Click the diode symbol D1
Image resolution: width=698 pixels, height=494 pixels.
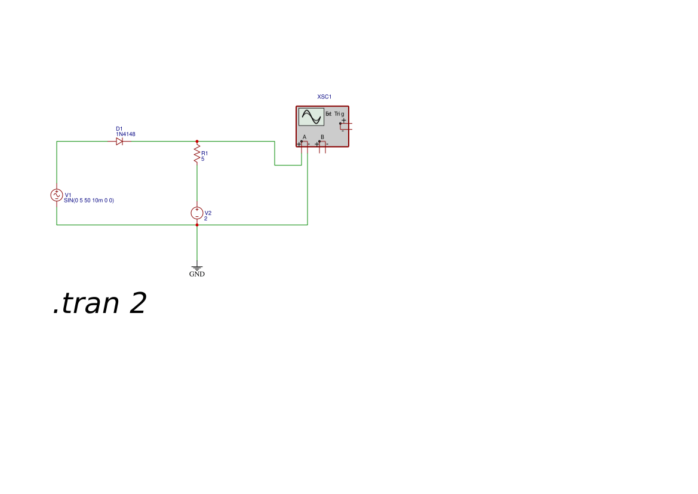tap(119, 142)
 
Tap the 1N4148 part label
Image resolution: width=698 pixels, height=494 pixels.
tap(125, 134)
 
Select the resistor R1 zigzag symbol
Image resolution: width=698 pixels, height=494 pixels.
tap(196, 154)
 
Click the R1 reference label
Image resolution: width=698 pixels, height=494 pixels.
tap(204, 154)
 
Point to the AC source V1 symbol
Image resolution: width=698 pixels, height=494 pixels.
tap(57, 195)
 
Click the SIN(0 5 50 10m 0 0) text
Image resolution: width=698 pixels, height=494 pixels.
tap(88, 201)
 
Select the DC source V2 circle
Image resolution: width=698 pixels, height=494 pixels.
tap(196, 213)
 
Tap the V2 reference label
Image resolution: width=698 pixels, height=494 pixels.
tap(208, 213)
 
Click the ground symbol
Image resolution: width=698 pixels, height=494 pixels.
tap(196, 268)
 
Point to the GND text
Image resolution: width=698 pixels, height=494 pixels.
tap(196, 274)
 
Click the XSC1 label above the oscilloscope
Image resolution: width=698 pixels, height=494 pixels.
tap(324, 97)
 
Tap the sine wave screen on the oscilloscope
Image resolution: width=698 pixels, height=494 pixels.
tap(311, 117)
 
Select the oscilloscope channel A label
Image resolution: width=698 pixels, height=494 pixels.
tap(305, 137)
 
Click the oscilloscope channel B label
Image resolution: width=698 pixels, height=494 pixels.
tap(322, 137)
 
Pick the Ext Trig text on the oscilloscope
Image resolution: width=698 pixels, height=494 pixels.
tap(334, 114)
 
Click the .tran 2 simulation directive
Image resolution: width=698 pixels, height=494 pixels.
tap(99, 303)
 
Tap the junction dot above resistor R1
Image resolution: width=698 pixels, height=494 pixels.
tap(196, 142)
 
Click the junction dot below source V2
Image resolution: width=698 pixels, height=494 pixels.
tap(196, 225)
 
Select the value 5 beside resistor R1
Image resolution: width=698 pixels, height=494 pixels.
tap(203, 159)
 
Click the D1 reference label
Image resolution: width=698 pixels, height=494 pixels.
tap(119, 128)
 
